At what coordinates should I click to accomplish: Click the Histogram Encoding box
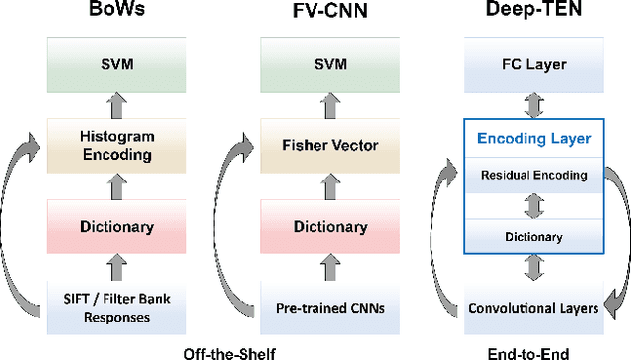[116, 145]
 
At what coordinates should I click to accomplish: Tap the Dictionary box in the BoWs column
[116, 226]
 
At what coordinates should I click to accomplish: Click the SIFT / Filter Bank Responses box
[116, 308]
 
